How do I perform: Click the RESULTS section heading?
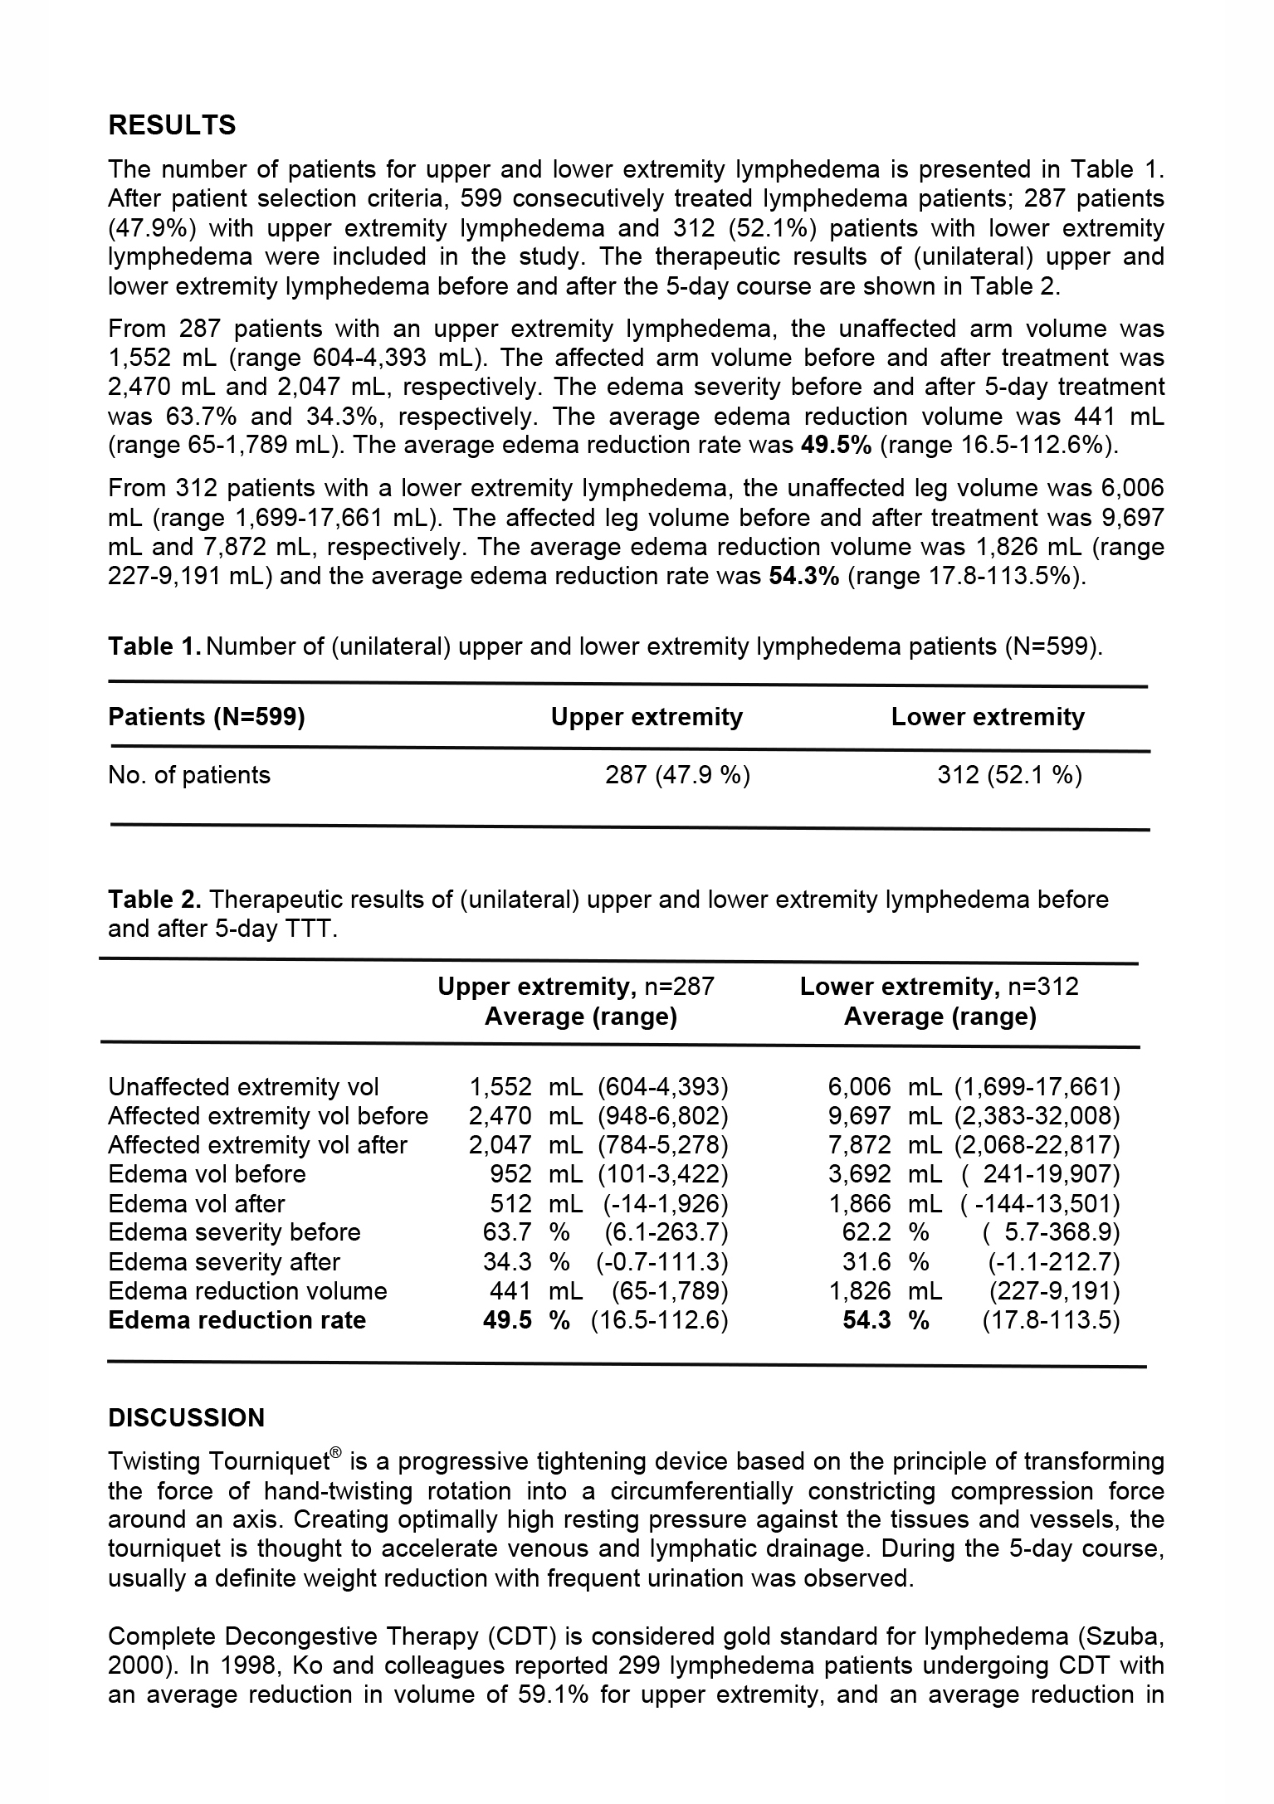[x=172, y=125]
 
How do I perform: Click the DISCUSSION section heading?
[x=186, y=1417]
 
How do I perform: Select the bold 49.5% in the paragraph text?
[x=836, y=446]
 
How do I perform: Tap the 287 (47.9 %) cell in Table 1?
[x=677, y=775]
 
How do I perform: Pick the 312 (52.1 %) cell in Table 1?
[x=1009, y=775]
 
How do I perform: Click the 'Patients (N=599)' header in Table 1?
[x=207, y=717]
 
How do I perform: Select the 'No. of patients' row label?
[x=189, y=775]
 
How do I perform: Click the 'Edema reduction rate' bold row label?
[x=237, y=1320]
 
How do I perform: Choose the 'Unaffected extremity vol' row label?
[x=243, y=1087]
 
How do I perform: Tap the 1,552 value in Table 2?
[x=500, y=1087]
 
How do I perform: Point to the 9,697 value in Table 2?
[x=859, y=1116]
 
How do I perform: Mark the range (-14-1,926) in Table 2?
[x=662, y=1204]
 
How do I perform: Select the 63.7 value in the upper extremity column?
[x=507, y=1232]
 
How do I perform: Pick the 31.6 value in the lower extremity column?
[x=866, y=1262]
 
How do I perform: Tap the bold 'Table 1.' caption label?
[x=154, y=646]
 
